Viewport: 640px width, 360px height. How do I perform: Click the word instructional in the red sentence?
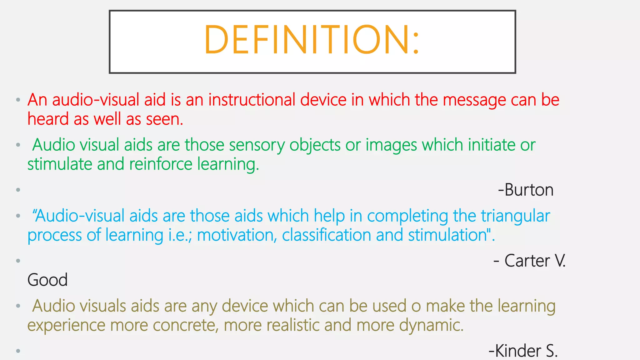[252, 100]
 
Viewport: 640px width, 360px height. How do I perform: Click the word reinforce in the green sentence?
[161, 164]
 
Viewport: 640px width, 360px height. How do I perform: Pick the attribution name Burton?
[529, 190]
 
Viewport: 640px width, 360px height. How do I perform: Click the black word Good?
[47, 280]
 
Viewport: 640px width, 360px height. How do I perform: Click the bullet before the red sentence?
[18, 100]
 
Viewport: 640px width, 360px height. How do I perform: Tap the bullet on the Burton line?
[18, 190]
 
